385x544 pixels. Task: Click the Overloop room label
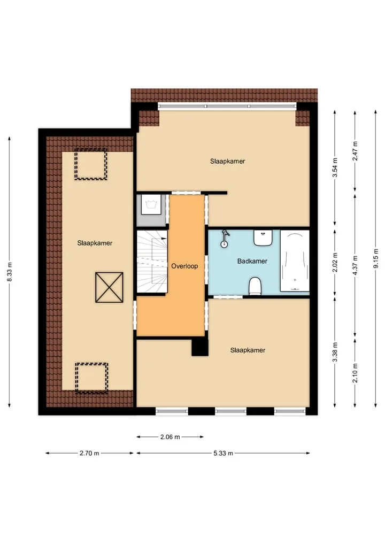click(x=184, y=266)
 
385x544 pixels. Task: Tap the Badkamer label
click(x=252, y=261)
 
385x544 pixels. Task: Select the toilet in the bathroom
click(x=255, y=286)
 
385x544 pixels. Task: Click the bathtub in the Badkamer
click(x=295, y=260)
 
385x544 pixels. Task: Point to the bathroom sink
click(x=263, y=237)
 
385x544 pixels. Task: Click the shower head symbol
click(x=225, y=239)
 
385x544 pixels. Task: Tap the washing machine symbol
click(x=151, y=205)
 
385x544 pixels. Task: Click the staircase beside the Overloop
click(x=152, y=262)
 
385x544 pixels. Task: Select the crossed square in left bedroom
click(x=109, y=287)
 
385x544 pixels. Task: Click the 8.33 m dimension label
click(x=10, y=272)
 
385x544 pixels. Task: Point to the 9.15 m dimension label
click(x=375, y=258)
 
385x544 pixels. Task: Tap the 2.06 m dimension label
click(x=170, y=437)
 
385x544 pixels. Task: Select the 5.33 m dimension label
click(x=223, y=453)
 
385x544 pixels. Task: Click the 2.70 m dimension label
click(x=89, y=453)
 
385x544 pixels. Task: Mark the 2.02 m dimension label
click(x=335, y=263)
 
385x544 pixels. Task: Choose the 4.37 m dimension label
click(x=355, y=265)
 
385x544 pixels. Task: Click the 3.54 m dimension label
click(x=335, y=167)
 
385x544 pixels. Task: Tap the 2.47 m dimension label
click(x=355, y=151)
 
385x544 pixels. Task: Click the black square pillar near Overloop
click(x=200, y=347)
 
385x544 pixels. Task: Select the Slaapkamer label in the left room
click(x=95, y=243)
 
